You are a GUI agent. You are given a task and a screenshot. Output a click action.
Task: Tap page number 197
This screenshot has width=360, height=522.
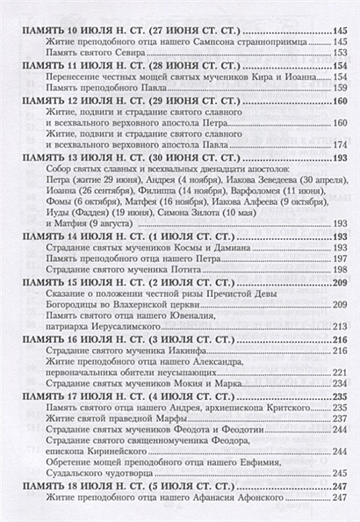point(340,262)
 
